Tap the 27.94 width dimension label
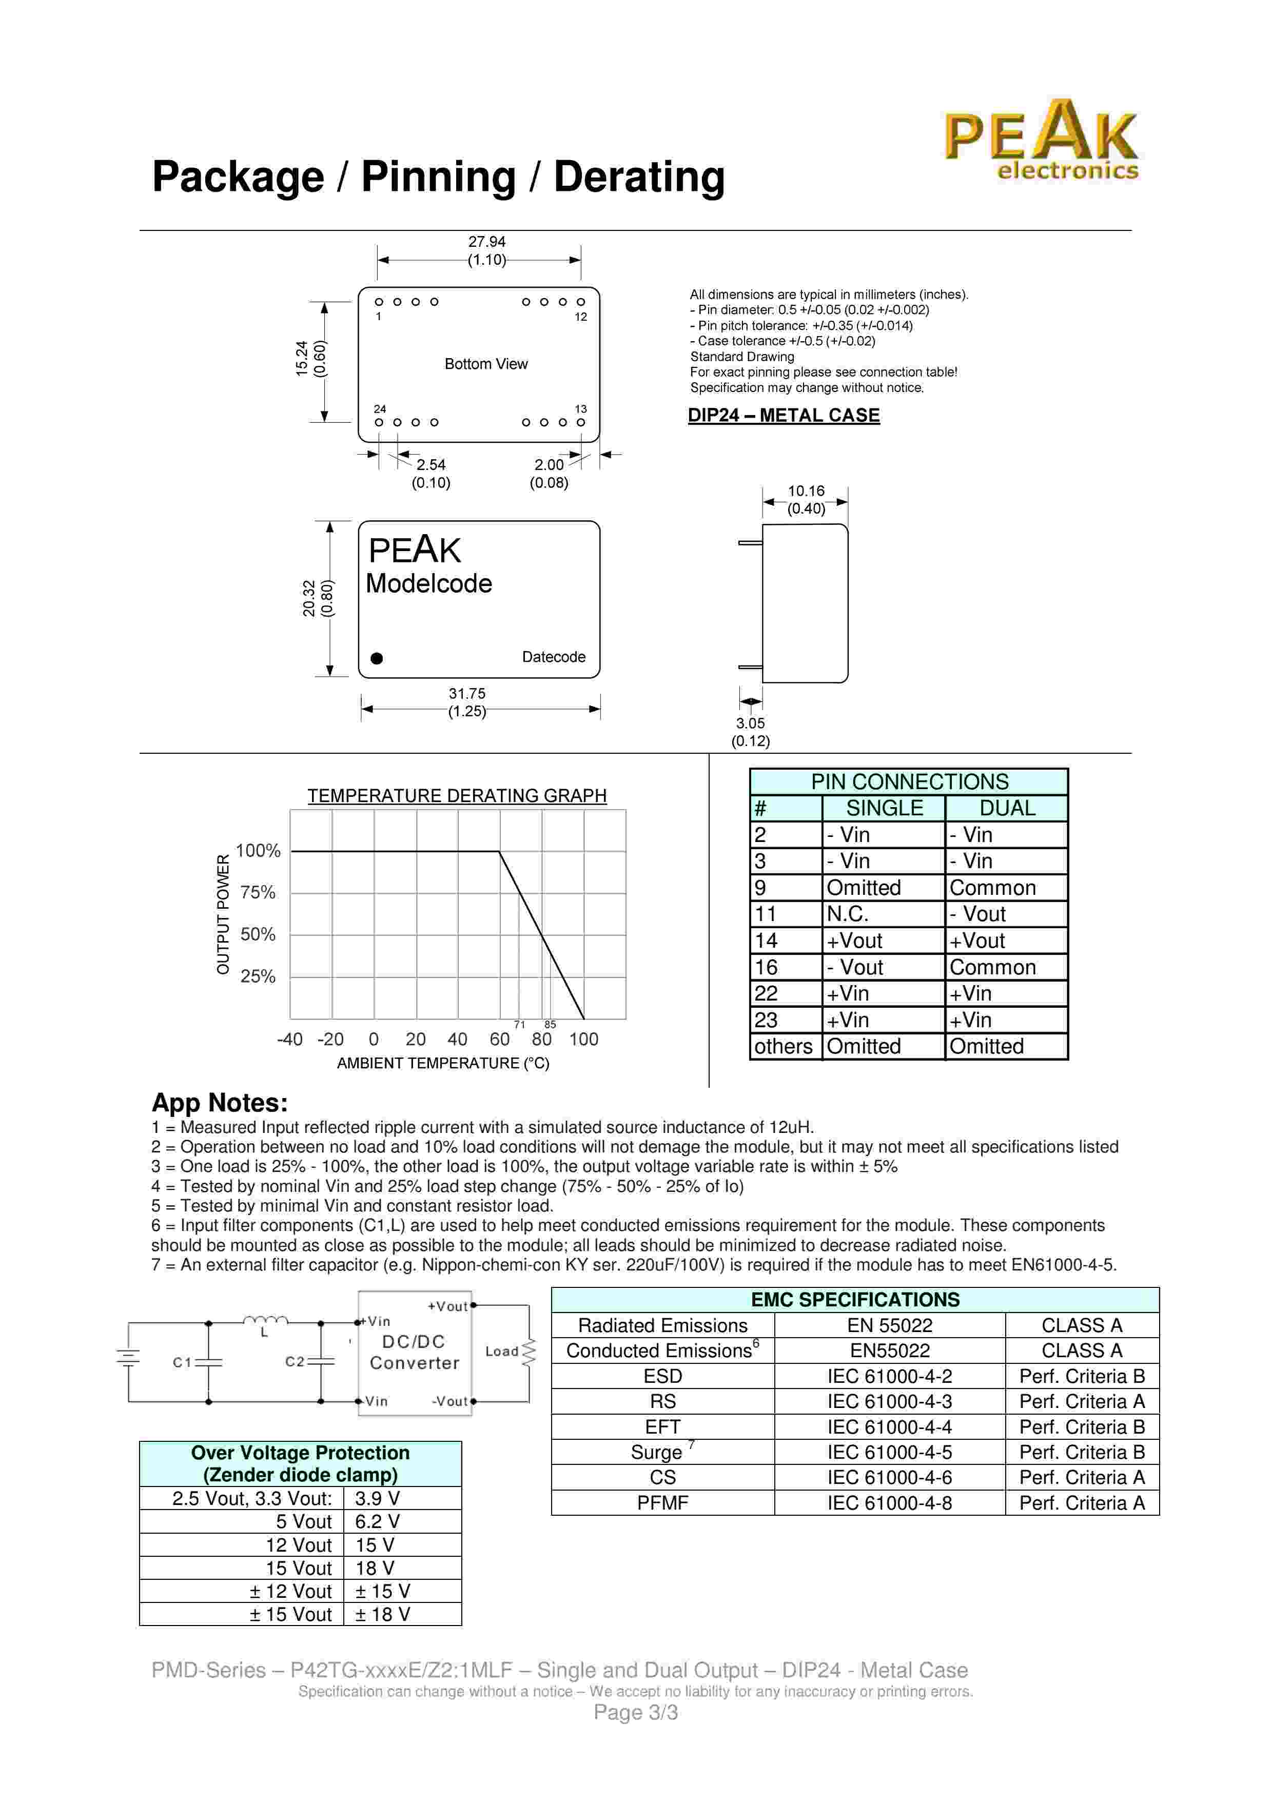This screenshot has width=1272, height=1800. coord(487,242)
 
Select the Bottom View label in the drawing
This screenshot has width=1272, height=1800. coord(486,364)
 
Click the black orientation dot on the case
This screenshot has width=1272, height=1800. coord(377,658)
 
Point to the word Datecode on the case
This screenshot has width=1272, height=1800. coord(553,657)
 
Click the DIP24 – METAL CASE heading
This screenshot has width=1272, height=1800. coord(784,416)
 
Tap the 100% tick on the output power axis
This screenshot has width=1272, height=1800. coord(258,851)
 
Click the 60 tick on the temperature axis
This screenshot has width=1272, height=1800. coord(499,1040)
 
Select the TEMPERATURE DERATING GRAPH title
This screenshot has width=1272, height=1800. coord(457,796)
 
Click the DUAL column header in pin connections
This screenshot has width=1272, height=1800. coord(1007,808)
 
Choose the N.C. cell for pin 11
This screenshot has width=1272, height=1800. coord(848,914)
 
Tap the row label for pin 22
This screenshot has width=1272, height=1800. coord(767,994)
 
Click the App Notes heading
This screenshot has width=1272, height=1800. coord(220,1103)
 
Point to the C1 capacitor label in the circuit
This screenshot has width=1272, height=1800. coord(182,1362)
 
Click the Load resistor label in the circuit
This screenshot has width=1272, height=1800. coord(502,1352)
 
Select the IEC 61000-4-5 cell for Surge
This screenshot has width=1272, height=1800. coord(890,1453)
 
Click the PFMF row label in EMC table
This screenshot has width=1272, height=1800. coord(662,1503)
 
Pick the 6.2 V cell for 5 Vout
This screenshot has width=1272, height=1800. coord(377,1522)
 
